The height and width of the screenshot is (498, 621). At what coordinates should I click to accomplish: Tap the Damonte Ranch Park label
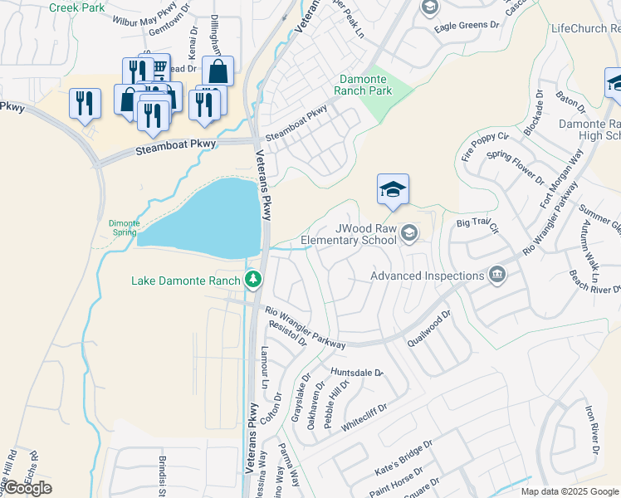tap(363, 84)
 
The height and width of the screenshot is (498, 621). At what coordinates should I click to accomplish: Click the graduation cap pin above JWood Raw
tap(393, 189)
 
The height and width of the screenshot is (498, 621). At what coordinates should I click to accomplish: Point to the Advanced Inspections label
tap(427, 276)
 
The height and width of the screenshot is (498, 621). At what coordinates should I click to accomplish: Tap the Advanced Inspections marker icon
tap(497, 275)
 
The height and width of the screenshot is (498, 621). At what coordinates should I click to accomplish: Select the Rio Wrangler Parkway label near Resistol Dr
tap(305, 328)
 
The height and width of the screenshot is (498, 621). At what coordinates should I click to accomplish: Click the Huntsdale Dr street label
tap(356, 373)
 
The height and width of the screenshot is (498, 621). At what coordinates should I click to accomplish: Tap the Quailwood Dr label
tap(428, 329)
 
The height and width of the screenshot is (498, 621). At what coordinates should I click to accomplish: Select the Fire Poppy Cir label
tap(484, 147)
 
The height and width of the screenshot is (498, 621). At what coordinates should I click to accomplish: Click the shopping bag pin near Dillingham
tap(218, 72)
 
